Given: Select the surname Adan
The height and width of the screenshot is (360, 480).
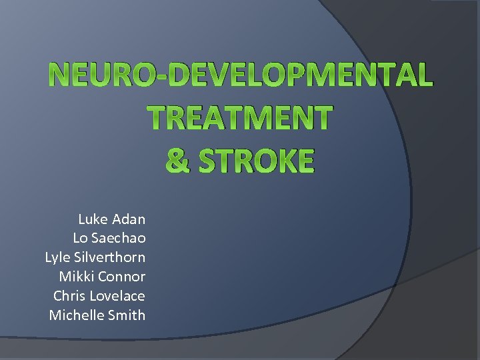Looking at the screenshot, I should (129, 219).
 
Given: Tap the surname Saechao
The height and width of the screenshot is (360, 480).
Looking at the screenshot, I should (119, 238).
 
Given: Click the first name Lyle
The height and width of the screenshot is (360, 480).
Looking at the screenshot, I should (57, 257).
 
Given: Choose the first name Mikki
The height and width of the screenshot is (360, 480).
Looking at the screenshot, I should (76, 277).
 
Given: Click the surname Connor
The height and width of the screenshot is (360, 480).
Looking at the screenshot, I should (121, 277).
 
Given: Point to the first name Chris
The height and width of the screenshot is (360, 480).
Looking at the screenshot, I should (69, 295).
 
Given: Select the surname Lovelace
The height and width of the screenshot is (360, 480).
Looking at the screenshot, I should (118, 295).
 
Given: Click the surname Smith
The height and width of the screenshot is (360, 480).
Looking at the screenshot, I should (127, 315).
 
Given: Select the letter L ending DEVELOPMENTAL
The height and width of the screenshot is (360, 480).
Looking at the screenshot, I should (423, 75).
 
